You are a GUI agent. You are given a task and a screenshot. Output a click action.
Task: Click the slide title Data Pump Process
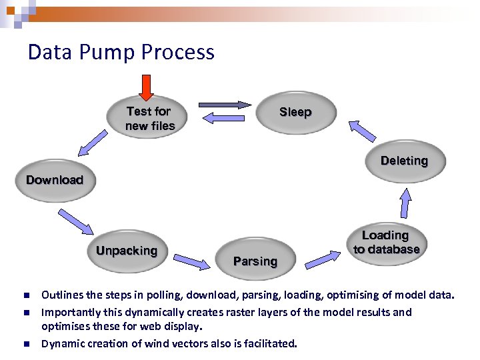pos(121,52)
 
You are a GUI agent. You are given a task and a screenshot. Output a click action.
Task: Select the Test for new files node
pos(150,118)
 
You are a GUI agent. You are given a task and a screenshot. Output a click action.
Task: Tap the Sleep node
pos(295,112)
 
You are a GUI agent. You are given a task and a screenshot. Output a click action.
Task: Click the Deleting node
pos(404,161)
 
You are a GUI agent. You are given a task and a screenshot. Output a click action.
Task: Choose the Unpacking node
pos(127,251)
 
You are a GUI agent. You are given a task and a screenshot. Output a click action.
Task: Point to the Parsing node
pos(255,261)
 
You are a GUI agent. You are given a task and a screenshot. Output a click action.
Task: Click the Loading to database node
pos(387,243)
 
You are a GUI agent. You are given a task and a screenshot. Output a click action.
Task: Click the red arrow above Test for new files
pos(145,87)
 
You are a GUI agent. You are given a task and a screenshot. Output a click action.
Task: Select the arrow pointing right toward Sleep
pos(224,104)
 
